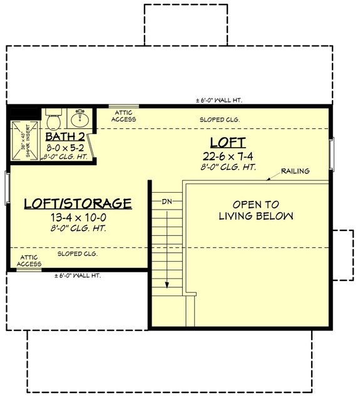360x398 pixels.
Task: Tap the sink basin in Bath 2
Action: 80,118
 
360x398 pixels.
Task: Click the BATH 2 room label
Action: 65,135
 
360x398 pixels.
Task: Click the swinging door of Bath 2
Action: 91,147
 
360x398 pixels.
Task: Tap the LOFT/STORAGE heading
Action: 78,203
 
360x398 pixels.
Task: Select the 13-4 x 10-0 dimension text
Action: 78,218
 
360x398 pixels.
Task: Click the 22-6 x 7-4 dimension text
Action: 228,156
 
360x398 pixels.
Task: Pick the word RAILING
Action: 295,171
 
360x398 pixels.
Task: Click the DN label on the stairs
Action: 167,202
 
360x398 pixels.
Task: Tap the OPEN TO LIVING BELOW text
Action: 255,210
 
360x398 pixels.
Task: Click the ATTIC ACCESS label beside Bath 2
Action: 123,116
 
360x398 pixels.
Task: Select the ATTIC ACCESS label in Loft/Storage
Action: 29,260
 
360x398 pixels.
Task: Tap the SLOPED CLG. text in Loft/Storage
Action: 77,254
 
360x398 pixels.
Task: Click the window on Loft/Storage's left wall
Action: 7,187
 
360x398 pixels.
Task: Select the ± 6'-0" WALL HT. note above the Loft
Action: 219,100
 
